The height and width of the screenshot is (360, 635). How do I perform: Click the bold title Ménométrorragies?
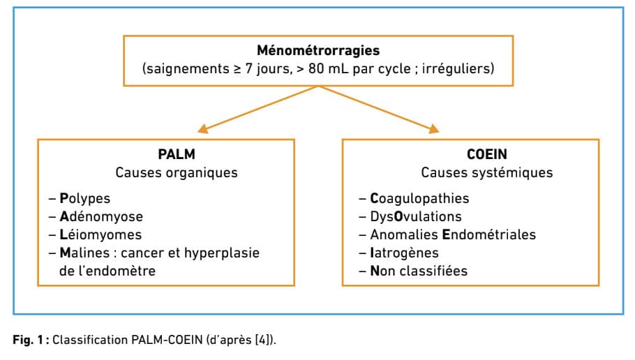click(x=318, y=50)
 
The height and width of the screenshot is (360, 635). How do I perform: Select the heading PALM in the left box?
click(x=177, y=154)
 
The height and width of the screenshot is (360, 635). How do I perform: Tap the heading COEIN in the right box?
click(x=487, y=154)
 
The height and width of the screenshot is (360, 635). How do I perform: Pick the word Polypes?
click(x=84, y=198)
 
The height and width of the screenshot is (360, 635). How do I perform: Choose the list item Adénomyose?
click(x=101, y=216)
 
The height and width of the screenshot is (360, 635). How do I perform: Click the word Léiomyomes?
click(x=100, y=234)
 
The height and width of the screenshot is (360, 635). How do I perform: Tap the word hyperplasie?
click(x=222, y=253)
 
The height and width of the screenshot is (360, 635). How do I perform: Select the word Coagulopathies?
click(x=419, y=198)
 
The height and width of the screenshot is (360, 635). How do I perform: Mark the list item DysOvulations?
click(x=416, y=217)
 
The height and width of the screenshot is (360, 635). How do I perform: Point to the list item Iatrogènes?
click(x=404, y=253)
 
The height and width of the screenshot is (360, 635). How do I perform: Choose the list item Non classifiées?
click(x=419, y=271)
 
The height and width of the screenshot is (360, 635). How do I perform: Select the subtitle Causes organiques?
click(x=177, y=172)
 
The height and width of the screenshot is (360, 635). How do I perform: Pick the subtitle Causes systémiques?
click(x=487, y=172)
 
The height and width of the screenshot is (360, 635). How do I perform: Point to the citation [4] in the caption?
click(x=263, y=339)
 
